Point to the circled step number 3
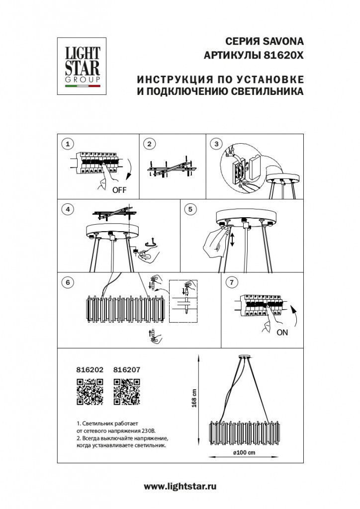(x=215, y=144)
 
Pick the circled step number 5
(x=189, y=209)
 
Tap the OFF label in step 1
(x=119, y=190)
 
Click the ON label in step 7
(x=282, y=333)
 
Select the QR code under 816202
(x=90, y=392)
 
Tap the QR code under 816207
(x=127, y=392)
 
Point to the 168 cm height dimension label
(x=195, y=398)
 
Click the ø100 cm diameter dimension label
(x=243, y=452)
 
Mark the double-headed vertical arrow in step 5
(x=232, y=241)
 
